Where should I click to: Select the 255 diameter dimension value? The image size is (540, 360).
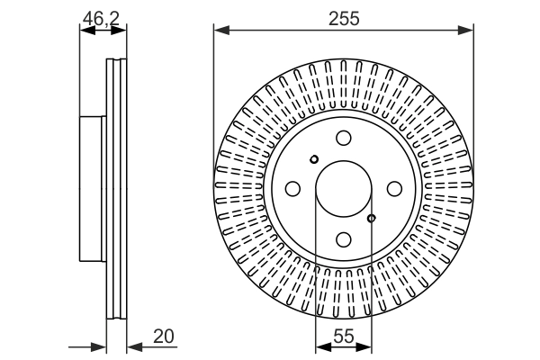(x=343, y=17)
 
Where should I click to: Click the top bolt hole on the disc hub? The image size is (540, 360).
(x=343, y=139)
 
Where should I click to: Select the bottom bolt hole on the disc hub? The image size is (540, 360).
(x=343, y=239)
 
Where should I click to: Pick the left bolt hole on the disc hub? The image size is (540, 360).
(x=292, y=189)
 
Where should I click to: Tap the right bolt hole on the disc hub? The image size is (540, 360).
(x=393, y=189)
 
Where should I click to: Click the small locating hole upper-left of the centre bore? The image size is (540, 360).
(x=313, y=160)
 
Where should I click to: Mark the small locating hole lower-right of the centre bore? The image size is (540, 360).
(x=372, y=217)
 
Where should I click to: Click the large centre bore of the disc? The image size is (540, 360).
(x=343, y=189)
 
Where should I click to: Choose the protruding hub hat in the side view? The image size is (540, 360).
(x=93, y=189)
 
